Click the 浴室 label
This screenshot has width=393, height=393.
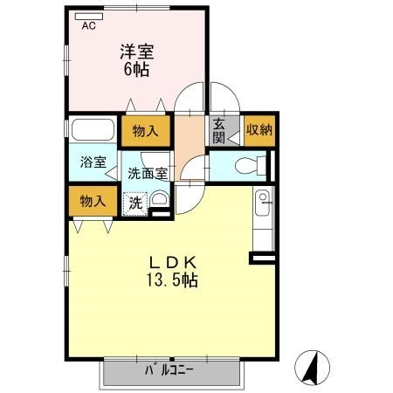coord(93,162)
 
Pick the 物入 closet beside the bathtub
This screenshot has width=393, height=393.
coord(145,131)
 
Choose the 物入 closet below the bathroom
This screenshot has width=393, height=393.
coord(93,201)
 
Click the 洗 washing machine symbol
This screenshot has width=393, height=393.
coord(135,203)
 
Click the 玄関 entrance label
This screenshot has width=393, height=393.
coord(217,131)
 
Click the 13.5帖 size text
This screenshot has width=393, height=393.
coord(171,280)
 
